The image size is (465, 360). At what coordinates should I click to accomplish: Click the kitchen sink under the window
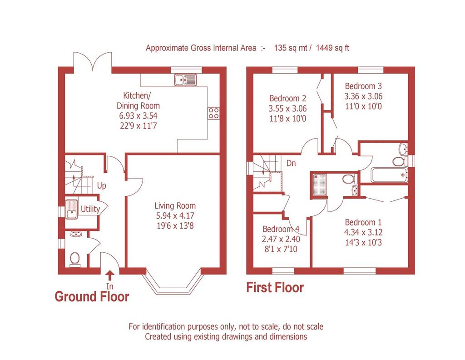186,80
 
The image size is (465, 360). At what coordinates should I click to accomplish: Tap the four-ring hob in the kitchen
213,113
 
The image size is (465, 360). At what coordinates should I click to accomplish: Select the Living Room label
175,205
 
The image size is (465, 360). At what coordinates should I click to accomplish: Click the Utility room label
90,209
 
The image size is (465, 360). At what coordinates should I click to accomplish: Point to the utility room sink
71,209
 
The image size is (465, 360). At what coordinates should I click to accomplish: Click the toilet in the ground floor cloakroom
74,259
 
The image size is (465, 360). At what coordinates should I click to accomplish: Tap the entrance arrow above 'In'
110,275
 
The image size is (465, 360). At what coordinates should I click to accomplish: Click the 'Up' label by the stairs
101,186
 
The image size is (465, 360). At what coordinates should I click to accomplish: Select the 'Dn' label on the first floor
291,163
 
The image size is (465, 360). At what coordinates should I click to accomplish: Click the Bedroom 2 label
287,98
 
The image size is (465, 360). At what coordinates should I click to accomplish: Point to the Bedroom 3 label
363,86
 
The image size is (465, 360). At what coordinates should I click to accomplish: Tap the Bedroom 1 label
363,222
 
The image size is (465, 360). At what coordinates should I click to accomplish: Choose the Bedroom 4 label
281,229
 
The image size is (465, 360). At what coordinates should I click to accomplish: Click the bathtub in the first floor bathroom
389,175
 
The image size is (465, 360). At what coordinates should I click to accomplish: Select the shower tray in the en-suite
320,185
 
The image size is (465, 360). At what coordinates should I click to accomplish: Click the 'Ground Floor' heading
92,296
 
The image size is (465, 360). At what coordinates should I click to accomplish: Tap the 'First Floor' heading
275,288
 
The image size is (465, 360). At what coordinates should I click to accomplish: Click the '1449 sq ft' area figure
332,48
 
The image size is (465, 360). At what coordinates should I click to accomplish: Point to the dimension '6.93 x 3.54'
138,116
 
